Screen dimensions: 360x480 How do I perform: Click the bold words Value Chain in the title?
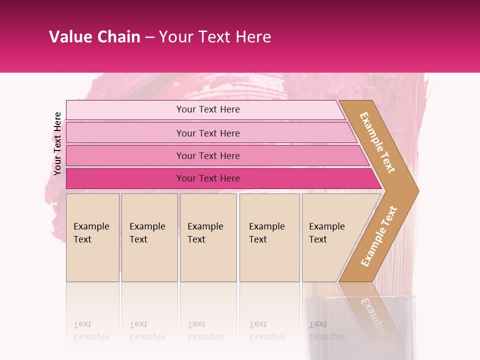pos(94,37)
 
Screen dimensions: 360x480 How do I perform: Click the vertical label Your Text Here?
pos(57,143)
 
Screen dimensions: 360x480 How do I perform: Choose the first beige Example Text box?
pos(92,237)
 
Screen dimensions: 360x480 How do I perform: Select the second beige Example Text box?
pos(149,237)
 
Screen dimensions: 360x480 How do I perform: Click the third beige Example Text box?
pos(208,237)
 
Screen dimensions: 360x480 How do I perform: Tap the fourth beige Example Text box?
pos(269,237)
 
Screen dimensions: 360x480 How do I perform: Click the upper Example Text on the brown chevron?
pos(377,142)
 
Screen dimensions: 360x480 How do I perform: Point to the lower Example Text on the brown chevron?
pos(378,236)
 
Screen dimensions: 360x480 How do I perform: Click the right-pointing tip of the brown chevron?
pos(416,190)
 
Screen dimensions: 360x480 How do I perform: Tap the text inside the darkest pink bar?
pos(208,178)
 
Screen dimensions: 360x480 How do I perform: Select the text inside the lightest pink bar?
pos(208,109)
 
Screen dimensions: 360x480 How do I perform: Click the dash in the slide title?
pos(149,37)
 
